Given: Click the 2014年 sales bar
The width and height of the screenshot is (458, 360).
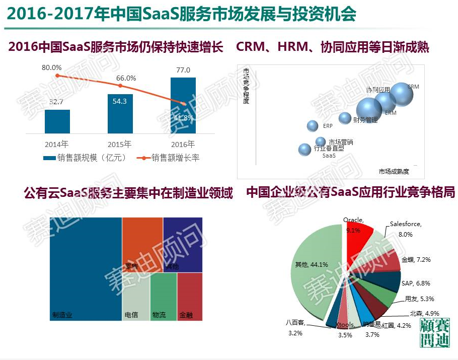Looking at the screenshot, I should pos(57,121).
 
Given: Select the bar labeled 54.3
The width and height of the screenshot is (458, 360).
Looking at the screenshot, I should pos(120,113).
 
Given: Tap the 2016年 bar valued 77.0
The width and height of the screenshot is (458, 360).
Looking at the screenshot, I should pos(183,105).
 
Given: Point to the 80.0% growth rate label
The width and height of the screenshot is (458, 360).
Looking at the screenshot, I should pos(51,67).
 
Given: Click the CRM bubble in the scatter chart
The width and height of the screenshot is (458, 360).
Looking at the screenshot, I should pos(401,94).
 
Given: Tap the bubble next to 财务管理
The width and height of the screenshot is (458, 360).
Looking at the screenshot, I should pos(345,118).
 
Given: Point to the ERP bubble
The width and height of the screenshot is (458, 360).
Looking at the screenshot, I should pos(313,126).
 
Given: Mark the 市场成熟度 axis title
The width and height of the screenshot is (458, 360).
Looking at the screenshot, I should pos(394,172).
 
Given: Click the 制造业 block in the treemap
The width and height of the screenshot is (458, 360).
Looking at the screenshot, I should pos(86,267).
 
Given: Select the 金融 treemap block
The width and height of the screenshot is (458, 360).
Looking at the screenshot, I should pos(190,296).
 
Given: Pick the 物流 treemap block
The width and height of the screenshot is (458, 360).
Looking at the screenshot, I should pos(164,296).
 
